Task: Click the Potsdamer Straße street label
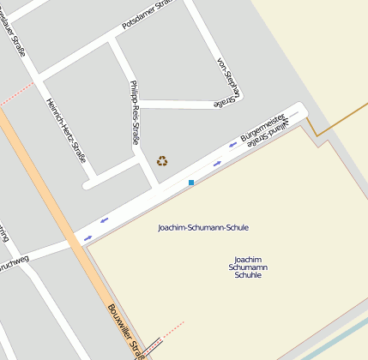pyautogui.click(x=147, y=15)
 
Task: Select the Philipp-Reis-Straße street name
pyautogui.click(x=134, y=111)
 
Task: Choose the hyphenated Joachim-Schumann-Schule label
pyautogui.click(x=203, y=227)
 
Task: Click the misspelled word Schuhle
pyautogui.click(x=248, y=276)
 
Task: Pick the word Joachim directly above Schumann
pyautogui.click(x=248, y=259)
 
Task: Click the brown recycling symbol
pyautogui.click(x=162, y=160)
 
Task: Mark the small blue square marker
pyautogui.click(x=190, y=183)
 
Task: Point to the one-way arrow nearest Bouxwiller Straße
pyautogui.click(x=104, y=219)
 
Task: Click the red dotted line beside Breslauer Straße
pyautogui.click(x=17, y=97)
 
